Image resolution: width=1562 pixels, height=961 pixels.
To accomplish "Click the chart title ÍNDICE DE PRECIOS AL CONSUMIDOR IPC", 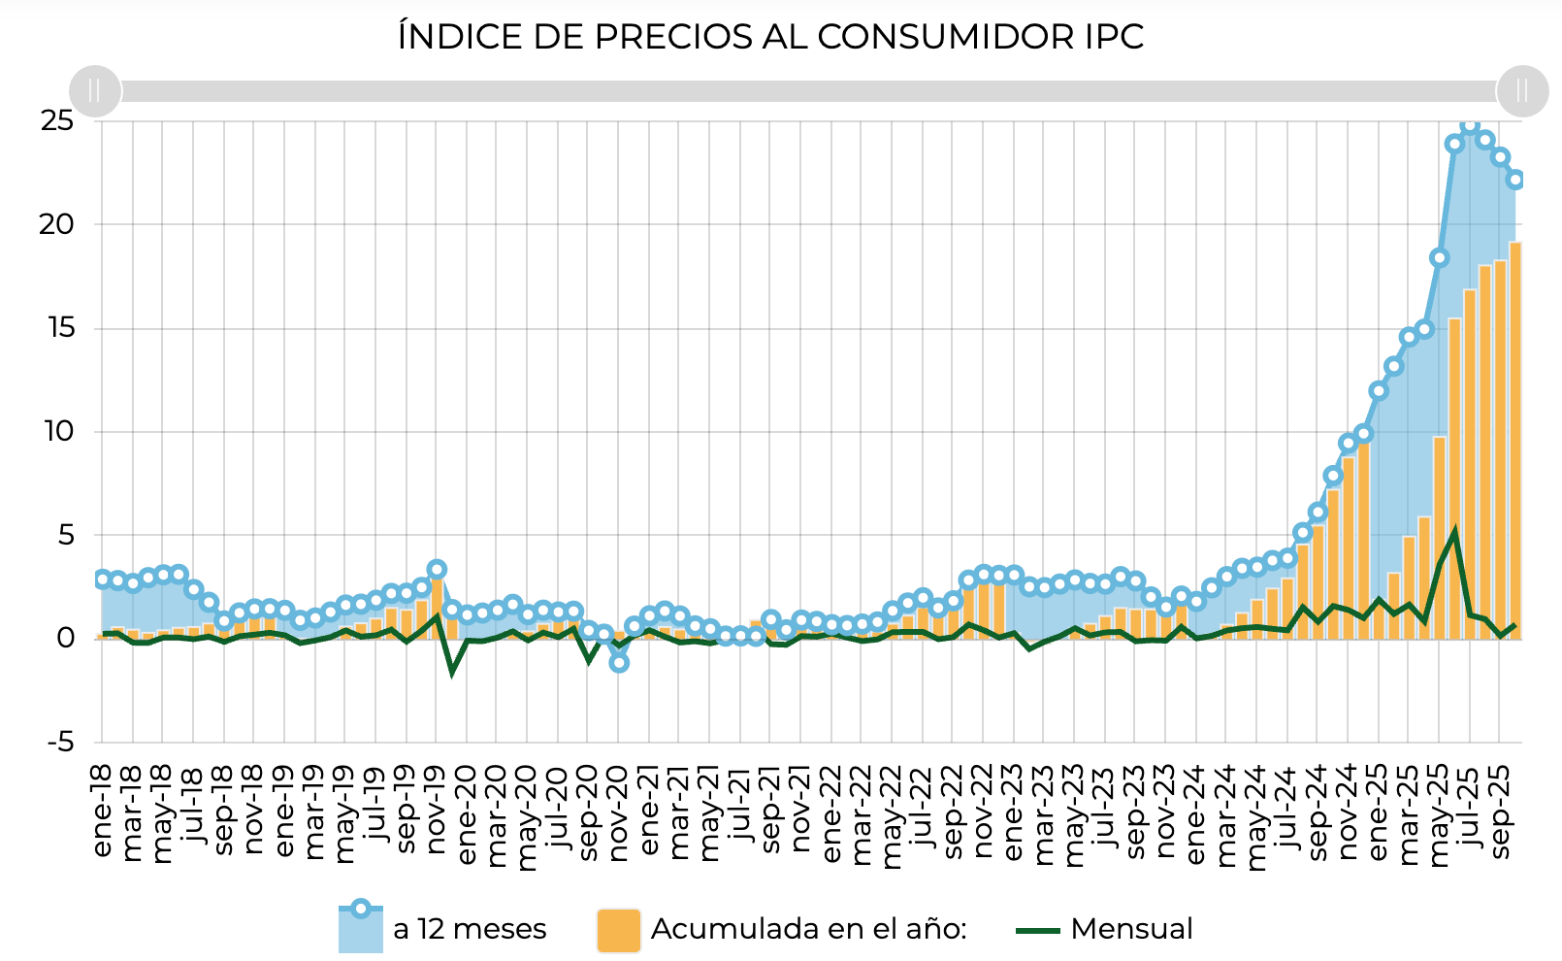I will coord(770,37).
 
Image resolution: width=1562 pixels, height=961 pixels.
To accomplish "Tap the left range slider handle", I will coord(95,91).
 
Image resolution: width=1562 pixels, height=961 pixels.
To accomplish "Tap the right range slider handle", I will coord(1521,91).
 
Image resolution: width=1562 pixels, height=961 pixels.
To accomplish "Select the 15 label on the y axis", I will coord(57,328).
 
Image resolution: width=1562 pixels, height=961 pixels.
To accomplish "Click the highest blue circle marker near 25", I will coord(1470,125).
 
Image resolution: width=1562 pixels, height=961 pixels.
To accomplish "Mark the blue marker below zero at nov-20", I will coord(619,663).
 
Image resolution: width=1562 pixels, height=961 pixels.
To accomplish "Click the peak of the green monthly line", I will coord(1454,531).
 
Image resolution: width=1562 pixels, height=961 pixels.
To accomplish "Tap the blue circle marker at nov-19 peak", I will coord(437,570).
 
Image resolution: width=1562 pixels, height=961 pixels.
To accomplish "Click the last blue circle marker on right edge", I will coord(1515,180).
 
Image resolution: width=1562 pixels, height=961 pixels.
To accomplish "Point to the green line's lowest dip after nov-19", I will coord(452,672).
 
